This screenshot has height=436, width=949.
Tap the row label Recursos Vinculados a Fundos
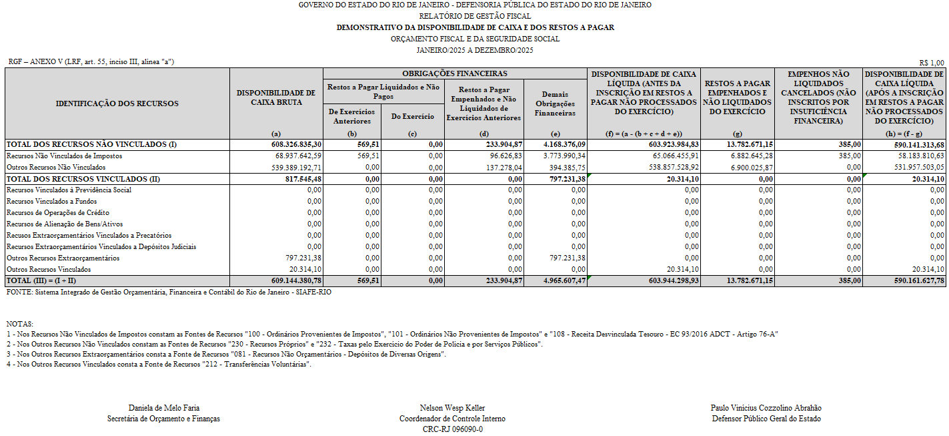click(x=51, y=202)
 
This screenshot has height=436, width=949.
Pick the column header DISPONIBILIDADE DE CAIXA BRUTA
click(x=276, y=97)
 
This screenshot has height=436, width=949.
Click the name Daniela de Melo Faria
click(x=163, y=408)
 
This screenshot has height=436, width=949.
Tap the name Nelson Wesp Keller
click(x=452, y=408)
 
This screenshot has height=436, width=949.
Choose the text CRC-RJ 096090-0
click(x=452, y=429)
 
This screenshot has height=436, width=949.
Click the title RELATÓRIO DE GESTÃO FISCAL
click(x=475, y=16)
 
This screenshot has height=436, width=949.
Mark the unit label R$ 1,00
click(x=932, y=62)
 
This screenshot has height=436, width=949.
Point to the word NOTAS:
click(x=19, y=323)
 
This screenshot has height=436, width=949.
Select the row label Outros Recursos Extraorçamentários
click(x=63, y=258)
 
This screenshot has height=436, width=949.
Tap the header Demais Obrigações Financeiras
click(x=555, y=103)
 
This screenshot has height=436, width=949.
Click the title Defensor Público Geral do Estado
click(x=766, y=419)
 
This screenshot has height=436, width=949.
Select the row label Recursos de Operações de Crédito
click(x=58, y=213)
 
